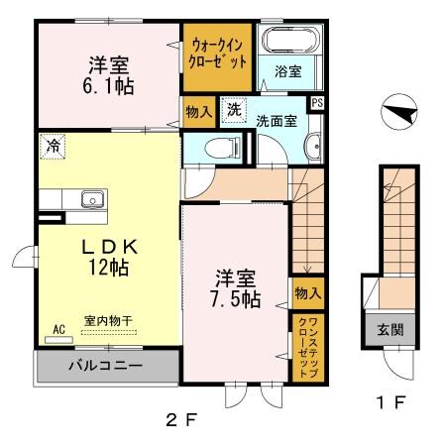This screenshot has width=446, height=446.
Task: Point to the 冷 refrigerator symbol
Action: coord(50,146)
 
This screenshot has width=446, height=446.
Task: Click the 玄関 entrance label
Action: coord(383,328)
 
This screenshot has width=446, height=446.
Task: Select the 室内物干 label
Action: coord(109,320)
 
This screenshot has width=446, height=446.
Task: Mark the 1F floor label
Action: coord(392,403)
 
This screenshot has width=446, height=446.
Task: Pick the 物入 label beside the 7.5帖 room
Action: coord(307,292)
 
